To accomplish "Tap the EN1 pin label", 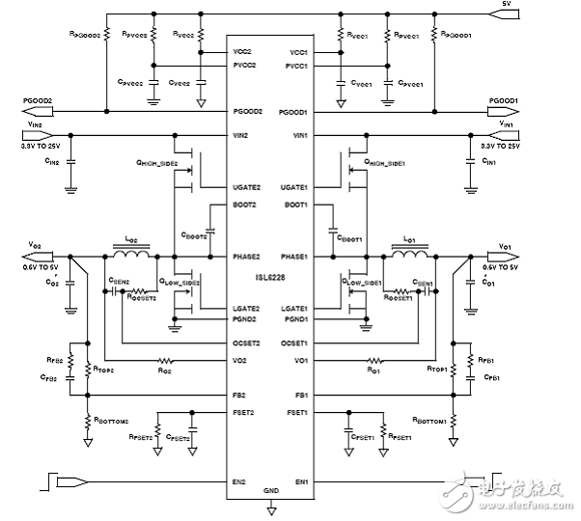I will coord(301,480).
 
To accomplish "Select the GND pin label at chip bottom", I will coord(270,490).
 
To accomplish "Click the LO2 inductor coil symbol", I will coord(134,257).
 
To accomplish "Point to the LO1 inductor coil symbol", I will coord(406,257).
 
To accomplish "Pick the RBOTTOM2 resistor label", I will coord(113,421).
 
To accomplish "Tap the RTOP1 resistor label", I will coord(436,369).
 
